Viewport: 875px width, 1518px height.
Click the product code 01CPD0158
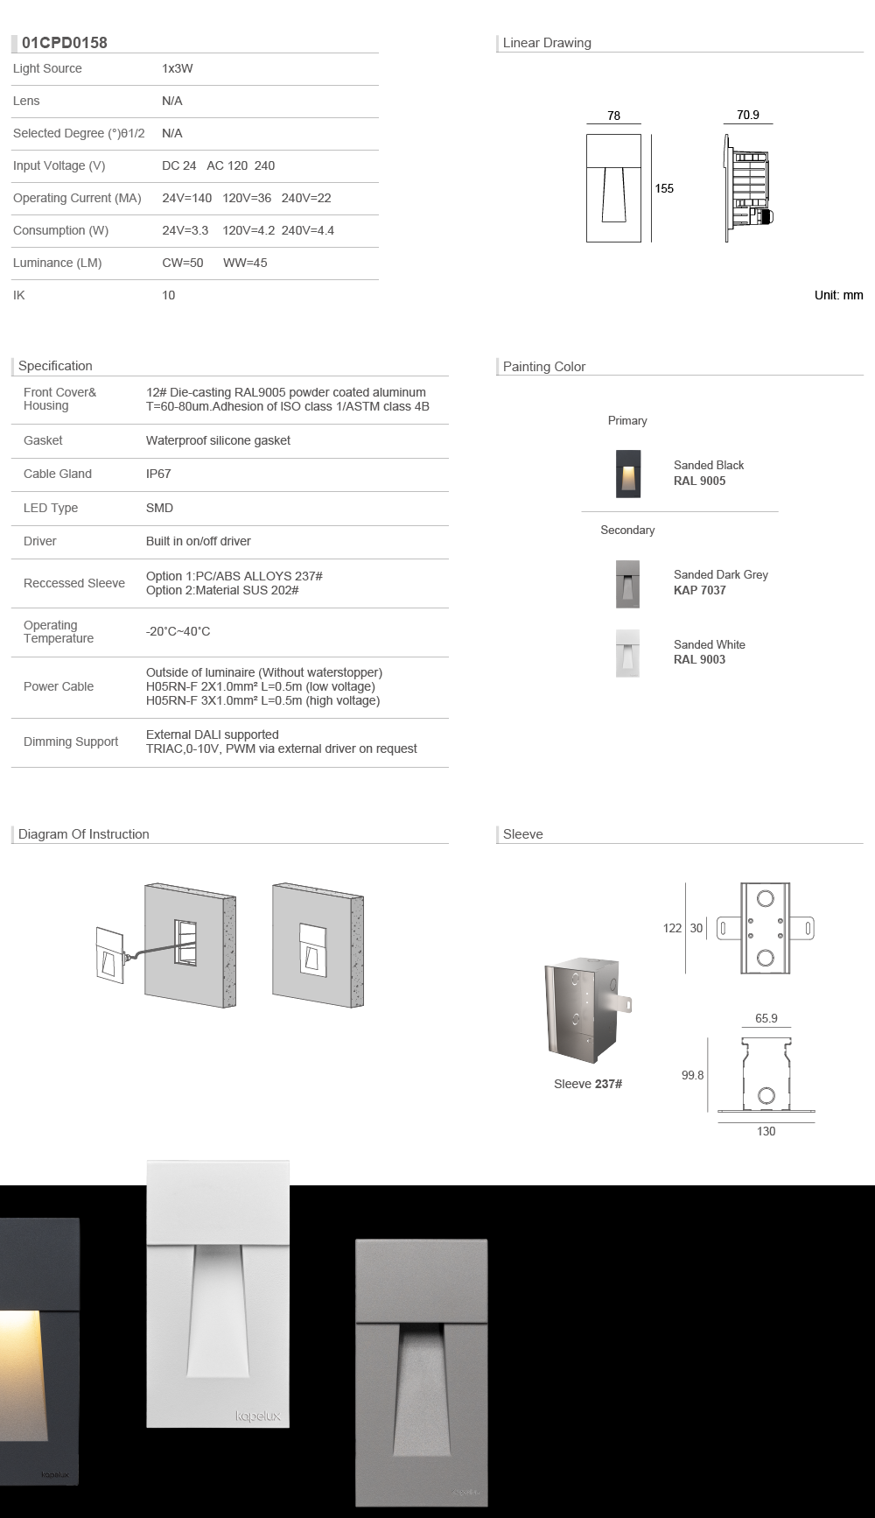pos(65,42)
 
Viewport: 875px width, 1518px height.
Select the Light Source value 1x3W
pos(177,68)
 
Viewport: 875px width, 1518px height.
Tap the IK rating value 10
pos(168,295)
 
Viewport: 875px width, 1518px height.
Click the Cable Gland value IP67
pos(158,474)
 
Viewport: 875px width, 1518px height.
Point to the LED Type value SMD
pos(159,508)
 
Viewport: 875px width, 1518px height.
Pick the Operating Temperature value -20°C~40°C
pos(178,631)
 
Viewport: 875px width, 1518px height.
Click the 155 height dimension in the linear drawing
pos(664,188)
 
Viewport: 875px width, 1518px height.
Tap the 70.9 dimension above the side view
pos(748,115)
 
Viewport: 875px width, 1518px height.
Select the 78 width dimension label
pos(613,116)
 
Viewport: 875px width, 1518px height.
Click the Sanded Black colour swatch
pos(628,474)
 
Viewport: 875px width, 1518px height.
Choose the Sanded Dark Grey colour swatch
pos(627,583)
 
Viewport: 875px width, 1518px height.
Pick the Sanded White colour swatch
pos(627,652)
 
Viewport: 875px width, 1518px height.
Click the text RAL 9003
pos(699,659)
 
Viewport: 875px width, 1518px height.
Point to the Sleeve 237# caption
pos(588,1084)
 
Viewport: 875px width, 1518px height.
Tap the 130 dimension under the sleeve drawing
pos(766,1131)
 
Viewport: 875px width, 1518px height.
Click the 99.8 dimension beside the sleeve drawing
pos(692,1075)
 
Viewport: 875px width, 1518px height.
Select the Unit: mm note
pos(838,295)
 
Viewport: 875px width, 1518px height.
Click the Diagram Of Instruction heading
pos(84,834)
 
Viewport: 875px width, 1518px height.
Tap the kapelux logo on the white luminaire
pos(258,1416)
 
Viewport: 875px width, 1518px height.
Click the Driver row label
pos(40,541)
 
